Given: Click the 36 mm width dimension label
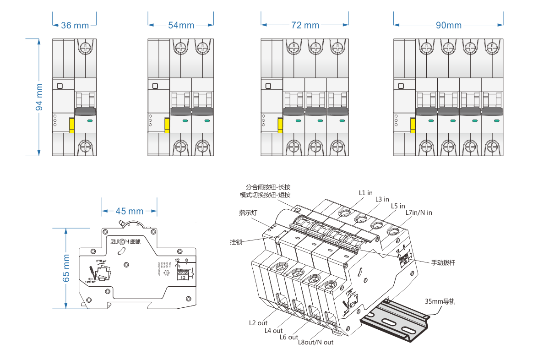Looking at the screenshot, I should click(75, 26).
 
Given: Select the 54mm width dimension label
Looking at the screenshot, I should click(181, 26).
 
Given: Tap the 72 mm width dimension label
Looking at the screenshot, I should click(305, 26).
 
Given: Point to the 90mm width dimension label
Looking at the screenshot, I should click(448, 26).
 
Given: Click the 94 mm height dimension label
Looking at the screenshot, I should click(39, 97).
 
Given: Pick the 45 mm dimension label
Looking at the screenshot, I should click(129, 211).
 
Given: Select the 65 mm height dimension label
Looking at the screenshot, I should click(66, 267).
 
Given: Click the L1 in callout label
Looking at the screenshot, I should click(365, 193).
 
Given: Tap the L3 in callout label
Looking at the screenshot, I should click(382, 199).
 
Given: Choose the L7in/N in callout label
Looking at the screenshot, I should click(419, 213).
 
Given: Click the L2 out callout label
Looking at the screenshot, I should click(258, 323).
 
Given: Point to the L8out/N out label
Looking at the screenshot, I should click(315, 342).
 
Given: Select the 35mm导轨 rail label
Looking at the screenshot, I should click(440, 301).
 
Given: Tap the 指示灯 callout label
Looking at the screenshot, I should click(248, 213).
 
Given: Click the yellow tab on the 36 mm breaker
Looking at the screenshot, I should click(72, 125).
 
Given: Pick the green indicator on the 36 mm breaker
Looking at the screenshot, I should click(89, 121).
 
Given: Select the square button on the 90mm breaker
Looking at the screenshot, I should click(401, 86).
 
